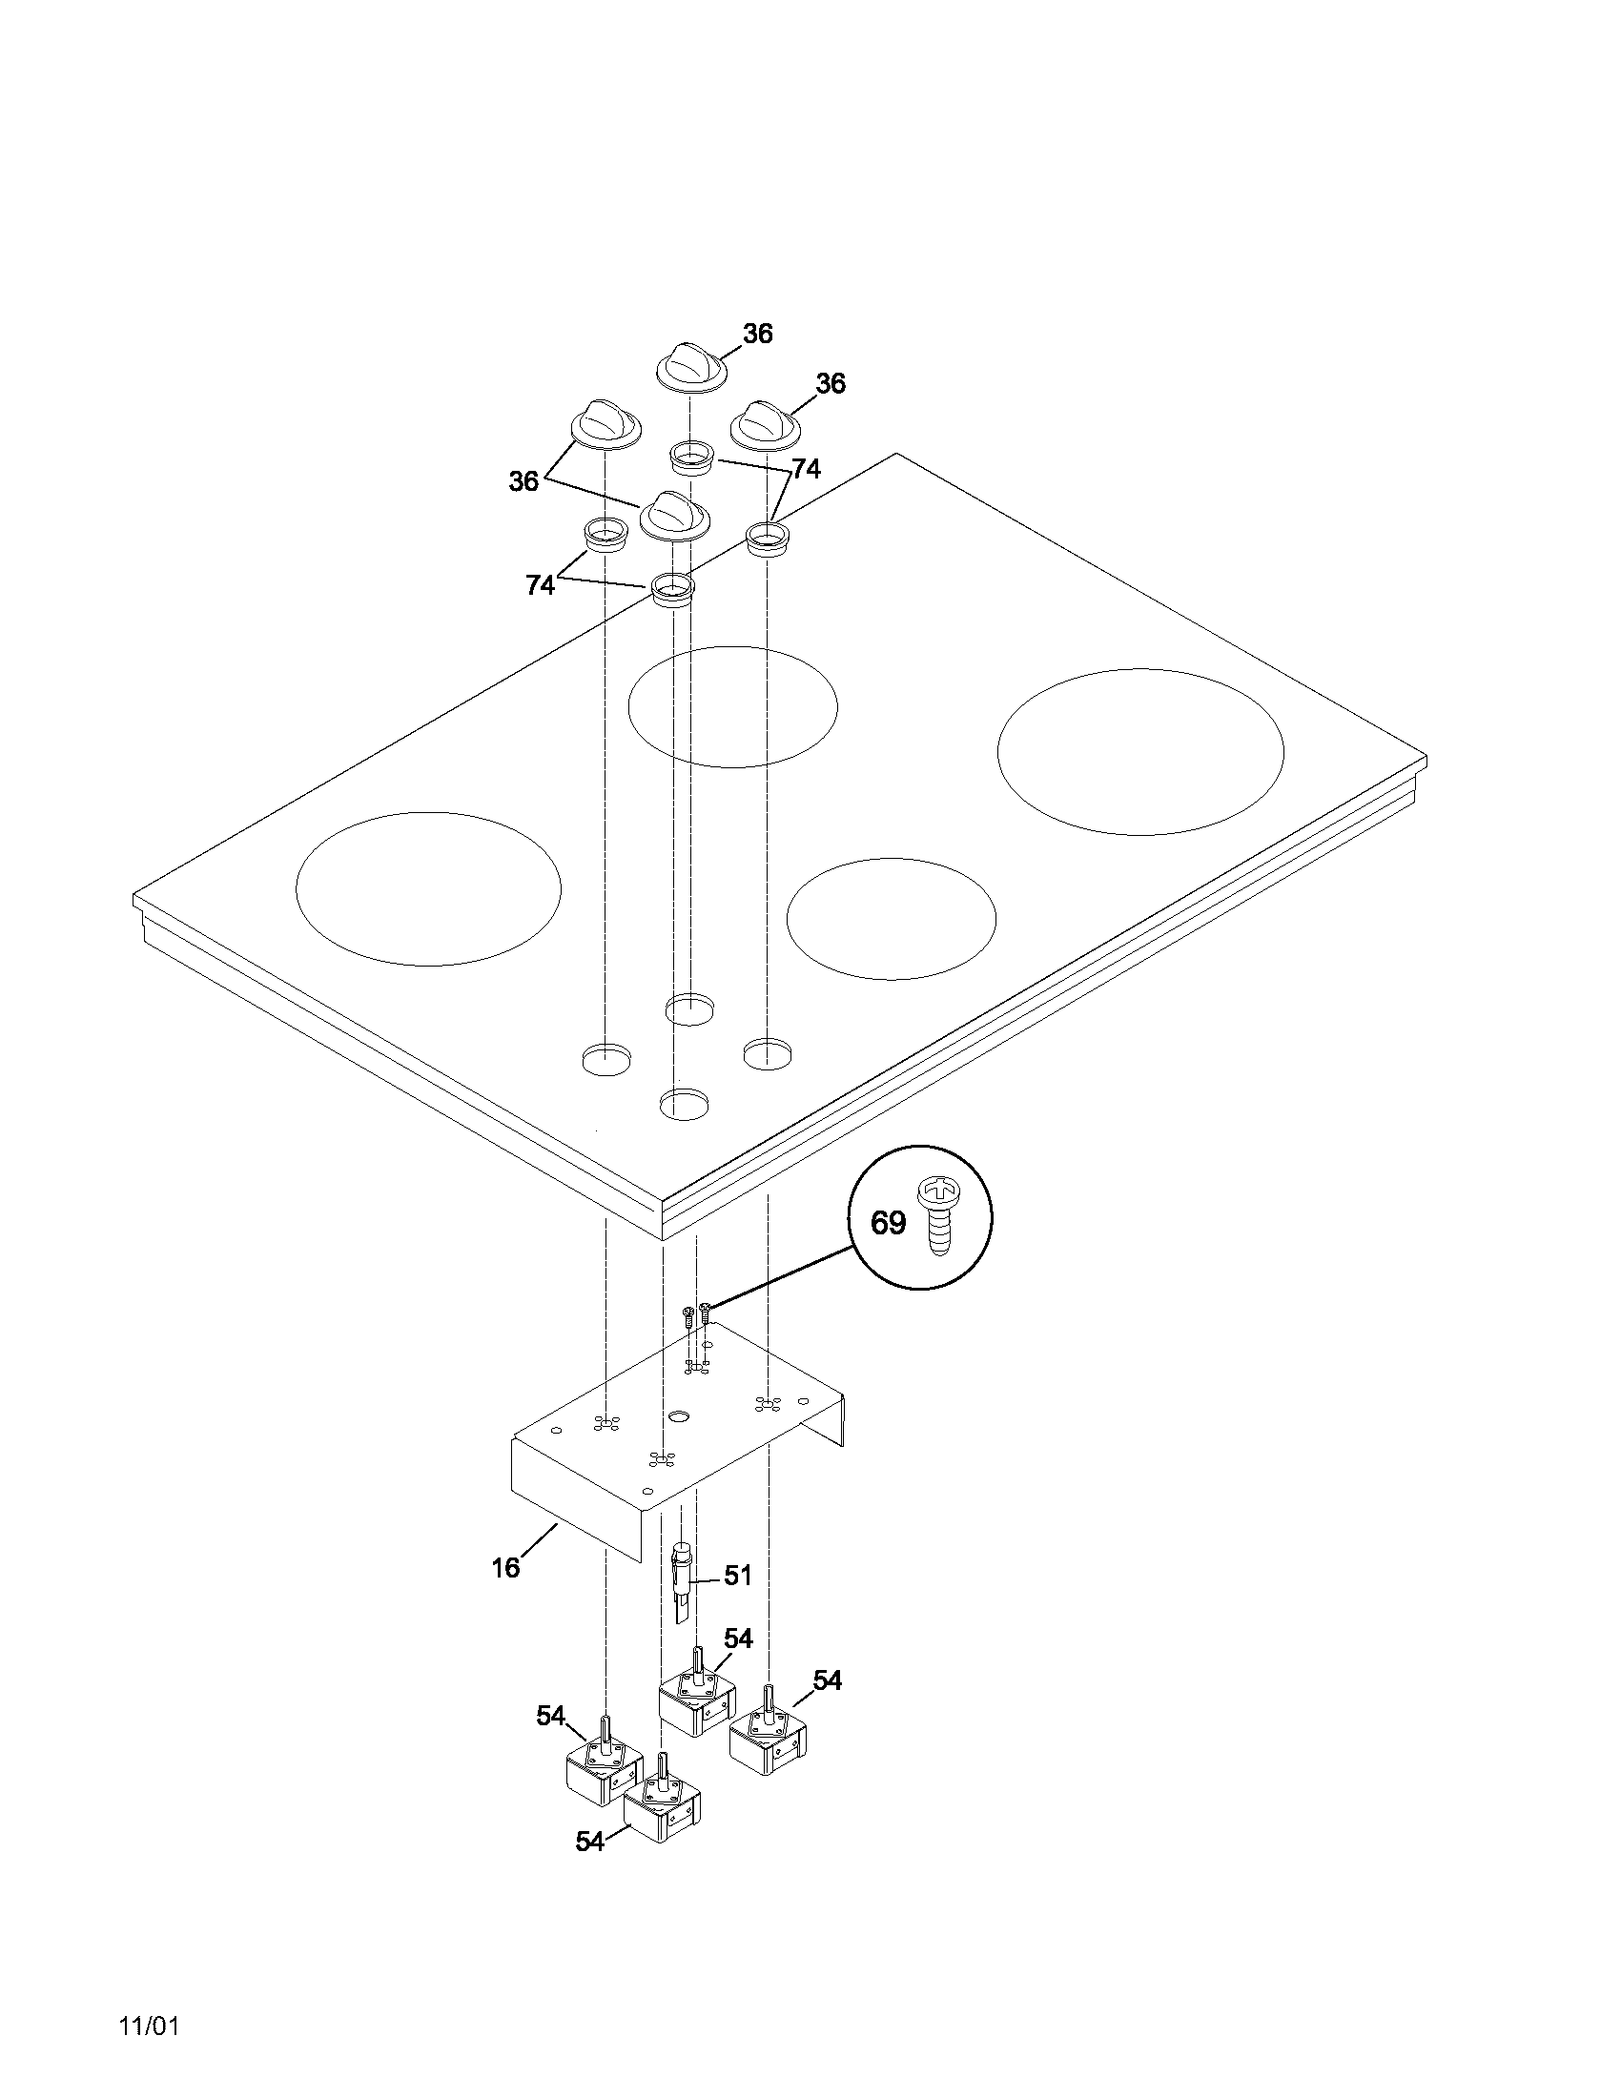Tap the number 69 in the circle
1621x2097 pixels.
coord(888,1222)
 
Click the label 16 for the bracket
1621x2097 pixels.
coord(505,1568)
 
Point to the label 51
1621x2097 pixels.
coord(737,1577)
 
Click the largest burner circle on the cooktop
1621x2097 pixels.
coord(1139,752)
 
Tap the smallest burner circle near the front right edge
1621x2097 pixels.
coord(891,918)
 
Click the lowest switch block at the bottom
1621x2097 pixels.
coord(662,1813)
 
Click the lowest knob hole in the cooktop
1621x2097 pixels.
coord(686,1103)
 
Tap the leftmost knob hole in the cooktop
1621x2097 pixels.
coord(608,1059)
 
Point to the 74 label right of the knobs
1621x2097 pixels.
coord(806,469)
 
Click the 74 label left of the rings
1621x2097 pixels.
coord(540,584)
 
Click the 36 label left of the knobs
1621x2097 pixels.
coord(523,481)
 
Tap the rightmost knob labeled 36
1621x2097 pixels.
coord(765,422)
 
